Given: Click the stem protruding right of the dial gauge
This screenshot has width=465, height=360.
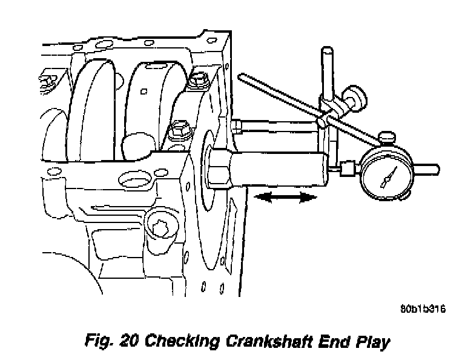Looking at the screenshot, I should (x=427, y=168).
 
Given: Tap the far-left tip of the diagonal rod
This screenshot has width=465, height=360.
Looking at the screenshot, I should (x=242, y=77).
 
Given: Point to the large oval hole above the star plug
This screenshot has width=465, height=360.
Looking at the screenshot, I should (x=134, y=180).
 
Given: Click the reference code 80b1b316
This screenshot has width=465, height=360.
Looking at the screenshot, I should (x=423, y=309).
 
